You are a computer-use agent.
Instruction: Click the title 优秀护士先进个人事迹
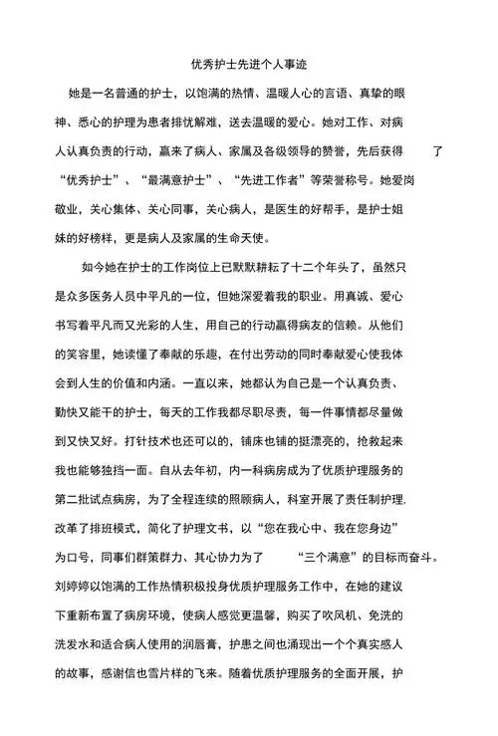point(248,65)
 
